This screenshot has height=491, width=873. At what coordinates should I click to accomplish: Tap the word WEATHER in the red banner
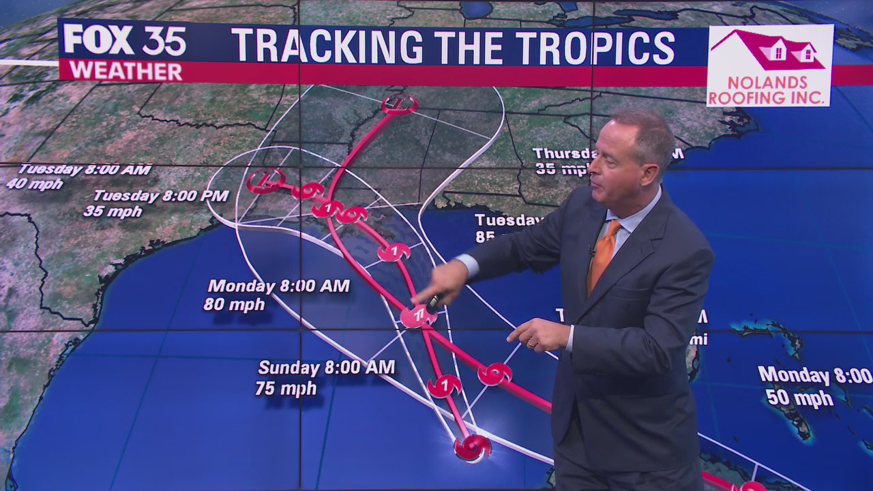(125, 71)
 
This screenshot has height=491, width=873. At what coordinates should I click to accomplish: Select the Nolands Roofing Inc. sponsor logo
(769, 65)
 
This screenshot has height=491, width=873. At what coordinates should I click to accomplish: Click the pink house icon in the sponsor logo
(769, 49)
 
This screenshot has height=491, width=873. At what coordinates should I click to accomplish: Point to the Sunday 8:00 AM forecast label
(326, 368)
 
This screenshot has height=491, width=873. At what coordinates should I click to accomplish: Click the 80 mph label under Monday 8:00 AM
(234, 304)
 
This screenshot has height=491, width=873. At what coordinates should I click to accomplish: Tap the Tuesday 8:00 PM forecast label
(161, 196)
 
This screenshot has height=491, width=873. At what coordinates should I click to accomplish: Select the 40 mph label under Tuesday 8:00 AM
(34, 184)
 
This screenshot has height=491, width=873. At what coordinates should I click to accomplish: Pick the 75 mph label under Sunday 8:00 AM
(286, 389)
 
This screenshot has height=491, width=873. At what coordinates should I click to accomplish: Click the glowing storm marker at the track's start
(472, 447)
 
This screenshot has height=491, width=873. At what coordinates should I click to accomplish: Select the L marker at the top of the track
(399, 104)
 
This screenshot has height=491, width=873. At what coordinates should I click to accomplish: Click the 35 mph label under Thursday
(559, 168)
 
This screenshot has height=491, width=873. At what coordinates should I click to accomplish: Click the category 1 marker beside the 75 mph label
(444, 387)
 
